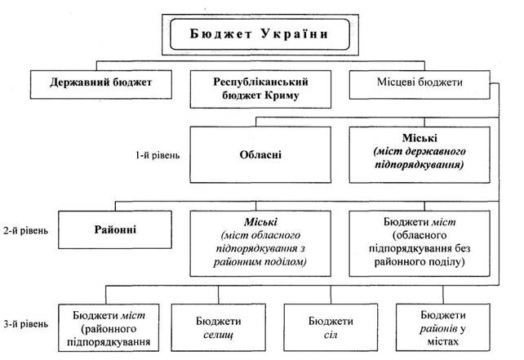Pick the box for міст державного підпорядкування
point(420,153)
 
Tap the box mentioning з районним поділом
point(263,241)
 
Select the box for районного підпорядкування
point(109,327)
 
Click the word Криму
point(278,95)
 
